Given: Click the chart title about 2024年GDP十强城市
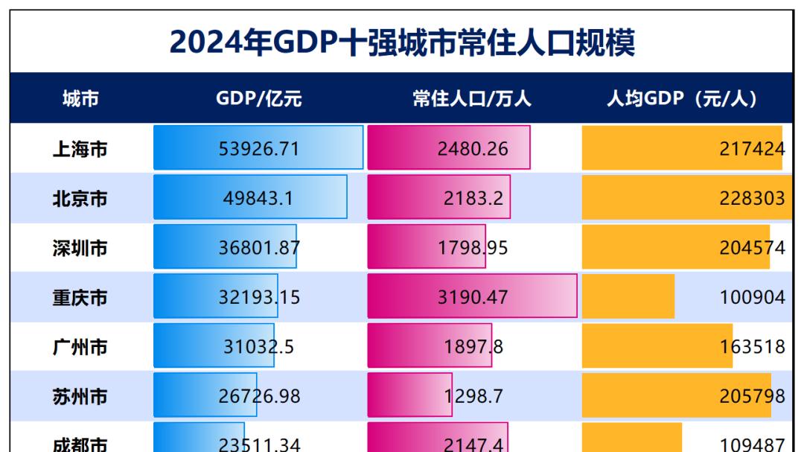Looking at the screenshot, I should (x=402, y=42).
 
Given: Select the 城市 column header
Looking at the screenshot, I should (x=80, y=98).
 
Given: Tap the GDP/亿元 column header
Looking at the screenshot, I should (x=258, y=98).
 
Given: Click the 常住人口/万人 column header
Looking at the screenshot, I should (x=472, y=98).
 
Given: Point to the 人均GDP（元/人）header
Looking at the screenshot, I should (x=682, y=98).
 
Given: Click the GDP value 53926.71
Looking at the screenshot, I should (x=258, y=149).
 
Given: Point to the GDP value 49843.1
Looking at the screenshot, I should (x=258, y=198).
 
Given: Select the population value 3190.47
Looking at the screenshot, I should (x=472, y=298).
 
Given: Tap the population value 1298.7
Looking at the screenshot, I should (x=472, y=396).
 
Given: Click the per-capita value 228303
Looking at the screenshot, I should (x=751, y=198).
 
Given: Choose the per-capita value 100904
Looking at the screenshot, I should (x=751, y=298).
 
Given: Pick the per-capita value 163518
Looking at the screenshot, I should (x=751, y=347).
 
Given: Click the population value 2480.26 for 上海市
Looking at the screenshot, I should (x=472, y=149).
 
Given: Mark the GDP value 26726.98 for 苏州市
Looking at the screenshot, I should (x=258, y=396).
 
